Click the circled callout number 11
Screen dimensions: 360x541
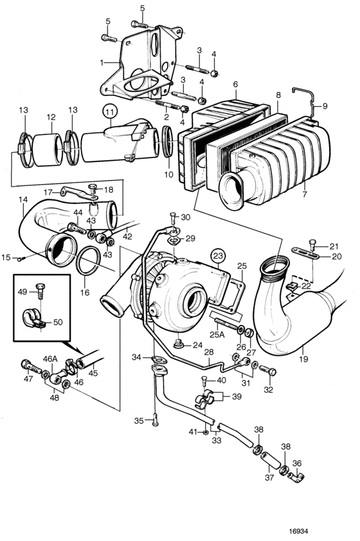[110, 112]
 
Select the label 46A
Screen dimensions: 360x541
[50, 359]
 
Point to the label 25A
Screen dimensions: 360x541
[217, 335]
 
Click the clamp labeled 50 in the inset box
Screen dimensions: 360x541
[33, 318]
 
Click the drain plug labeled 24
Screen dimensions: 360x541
[179, 344]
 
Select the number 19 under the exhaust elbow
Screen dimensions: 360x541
[303, 359]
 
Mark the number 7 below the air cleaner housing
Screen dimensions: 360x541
[305, 194]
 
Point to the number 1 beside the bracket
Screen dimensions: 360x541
[102, 63]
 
